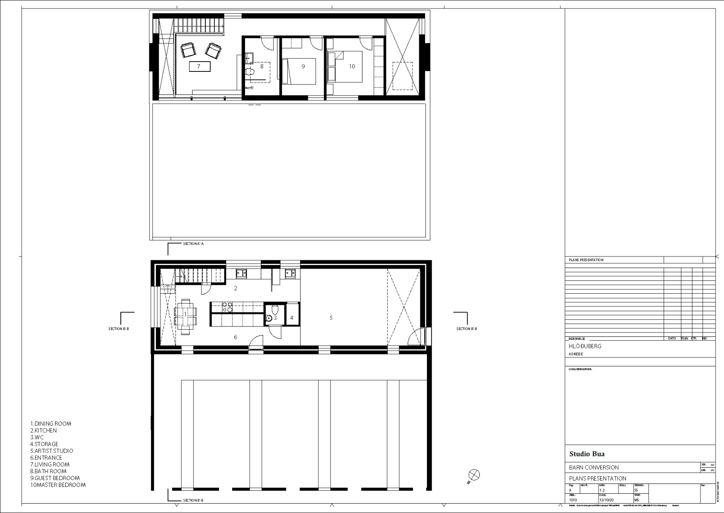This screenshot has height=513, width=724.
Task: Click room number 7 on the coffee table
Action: (199, 67)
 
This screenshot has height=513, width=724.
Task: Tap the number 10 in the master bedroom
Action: (352, 66)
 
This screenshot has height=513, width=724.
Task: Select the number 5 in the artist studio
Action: (331, 318)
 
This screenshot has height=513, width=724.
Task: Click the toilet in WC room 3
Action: (275, 310)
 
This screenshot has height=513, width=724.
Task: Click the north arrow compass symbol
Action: (474, 475)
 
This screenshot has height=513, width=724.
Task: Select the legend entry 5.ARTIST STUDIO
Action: (52, 451)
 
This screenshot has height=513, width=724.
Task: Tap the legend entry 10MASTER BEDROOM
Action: (58, 485)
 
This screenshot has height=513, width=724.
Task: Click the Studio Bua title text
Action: (587, 454)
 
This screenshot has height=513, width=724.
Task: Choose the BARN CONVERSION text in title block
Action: (594, 467)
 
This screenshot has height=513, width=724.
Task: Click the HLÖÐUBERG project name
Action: (585, 346)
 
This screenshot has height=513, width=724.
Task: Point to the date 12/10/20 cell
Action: (606, 500)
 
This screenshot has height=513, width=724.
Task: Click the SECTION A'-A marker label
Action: (193, 244)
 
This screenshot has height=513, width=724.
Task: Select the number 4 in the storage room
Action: (292, 318)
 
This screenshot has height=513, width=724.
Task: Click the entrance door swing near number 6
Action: (255, 342)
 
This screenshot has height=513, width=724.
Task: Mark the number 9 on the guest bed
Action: (303, 66)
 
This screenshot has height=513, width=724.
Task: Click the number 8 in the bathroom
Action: (262, 66)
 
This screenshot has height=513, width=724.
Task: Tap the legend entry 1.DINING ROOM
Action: (51, 424)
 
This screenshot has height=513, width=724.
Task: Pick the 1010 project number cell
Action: (573, 500)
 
